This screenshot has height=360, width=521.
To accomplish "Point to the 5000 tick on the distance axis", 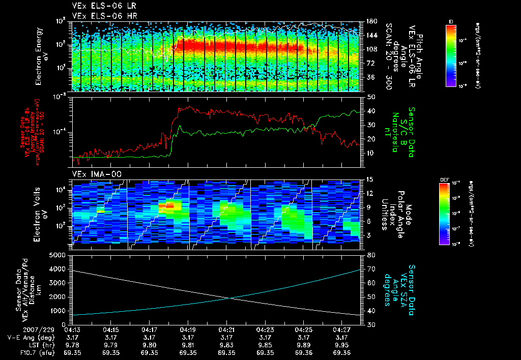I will tap(57, 255).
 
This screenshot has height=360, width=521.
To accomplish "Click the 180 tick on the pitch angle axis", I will tap(371, 21).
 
